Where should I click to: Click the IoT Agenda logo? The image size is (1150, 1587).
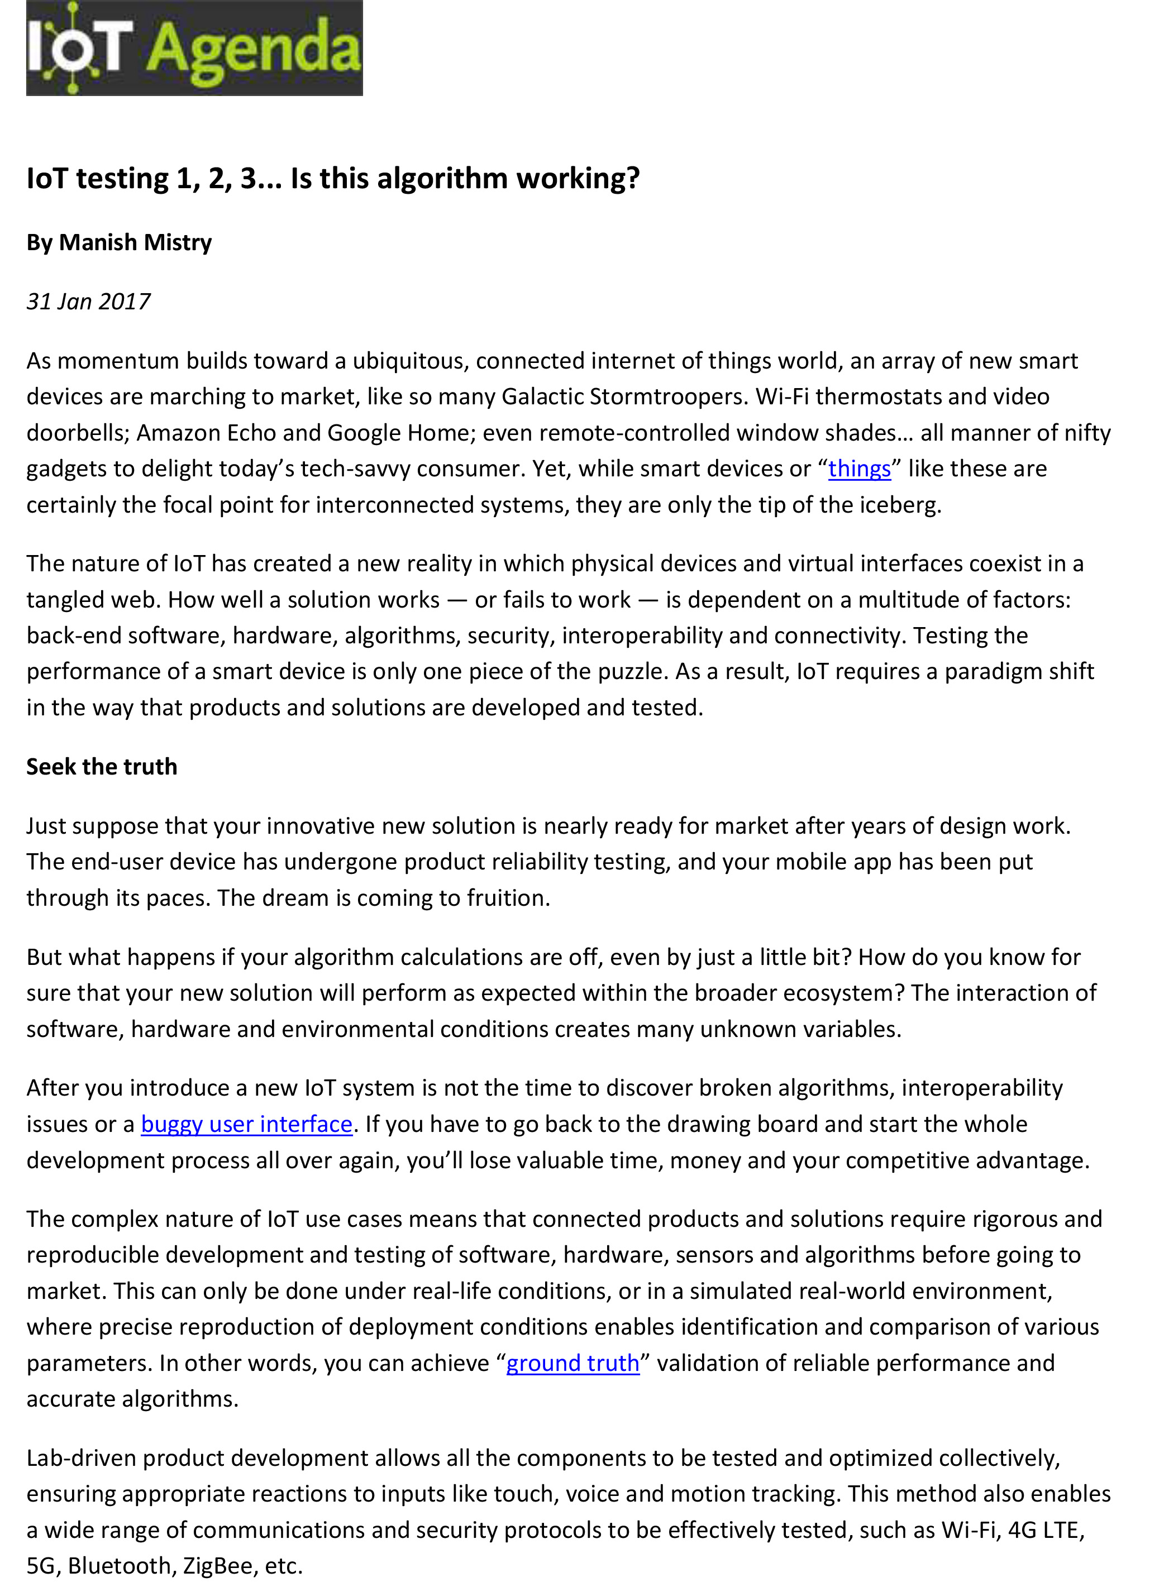(x=194, y=47)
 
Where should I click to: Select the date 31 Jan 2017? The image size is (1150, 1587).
(x=88, y=302)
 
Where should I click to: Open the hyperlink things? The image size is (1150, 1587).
(x=859, y=469)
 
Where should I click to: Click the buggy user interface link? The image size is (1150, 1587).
(x=246, y=1125)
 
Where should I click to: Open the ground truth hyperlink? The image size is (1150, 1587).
(x=572, y=1363)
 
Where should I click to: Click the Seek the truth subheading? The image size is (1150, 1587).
(x=102, y=767)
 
